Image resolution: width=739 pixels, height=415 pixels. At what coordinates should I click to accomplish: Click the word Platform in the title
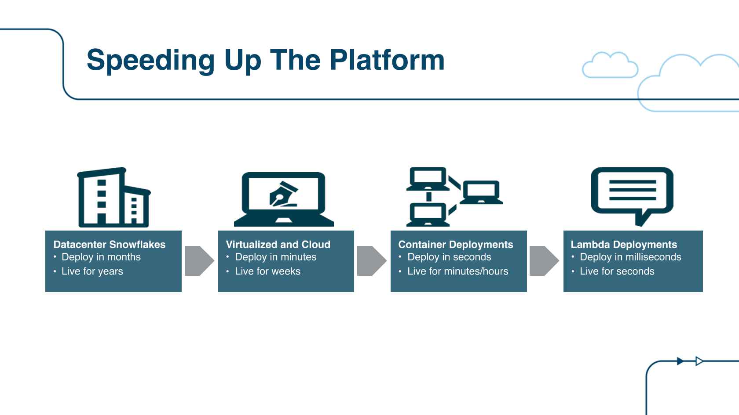tap(387, 60)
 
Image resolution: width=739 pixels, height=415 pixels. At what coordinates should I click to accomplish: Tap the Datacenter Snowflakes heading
tap(110, 244)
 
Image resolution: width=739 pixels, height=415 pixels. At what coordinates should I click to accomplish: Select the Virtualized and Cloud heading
tap(278, 244)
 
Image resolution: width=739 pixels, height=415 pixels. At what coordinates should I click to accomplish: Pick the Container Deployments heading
tap(456, 245)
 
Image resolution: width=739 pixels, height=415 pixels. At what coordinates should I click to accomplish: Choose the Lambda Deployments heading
tap(624, 245)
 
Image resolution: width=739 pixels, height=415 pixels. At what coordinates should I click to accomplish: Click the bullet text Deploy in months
tap(101, 257)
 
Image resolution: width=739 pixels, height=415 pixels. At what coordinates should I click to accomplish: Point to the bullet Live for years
tap(92, 271)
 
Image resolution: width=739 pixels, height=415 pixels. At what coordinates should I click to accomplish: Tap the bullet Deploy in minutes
tap(276, 257)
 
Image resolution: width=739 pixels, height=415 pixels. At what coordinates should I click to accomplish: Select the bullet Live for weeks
tap(267, 271)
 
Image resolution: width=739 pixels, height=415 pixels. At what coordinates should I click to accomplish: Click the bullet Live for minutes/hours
tap(458, 271)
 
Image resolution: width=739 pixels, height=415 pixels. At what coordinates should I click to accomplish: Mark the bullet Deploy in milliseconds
tap(630, 257)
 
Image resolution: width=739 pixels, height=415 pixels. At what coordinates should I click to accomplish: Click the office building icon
tap(113, 197)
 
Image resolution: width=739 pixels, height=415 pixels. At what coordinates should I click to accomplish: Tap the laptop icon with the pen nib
tap(284, 199)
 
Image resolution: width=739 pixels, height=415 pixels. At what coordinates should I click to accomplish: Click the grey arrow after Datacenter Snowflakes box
tap(199, 260)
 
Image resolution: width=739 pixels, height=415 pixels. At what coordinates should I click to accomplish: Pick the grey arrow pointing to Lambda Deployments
tap(544, 260)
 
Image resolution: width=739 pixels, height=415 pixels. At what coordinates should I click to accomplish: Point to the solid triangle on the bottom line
tap(680, 361)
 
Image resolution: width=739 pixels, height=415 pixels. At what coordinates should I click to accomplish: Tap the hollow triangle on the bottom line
tap(699, 361)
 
